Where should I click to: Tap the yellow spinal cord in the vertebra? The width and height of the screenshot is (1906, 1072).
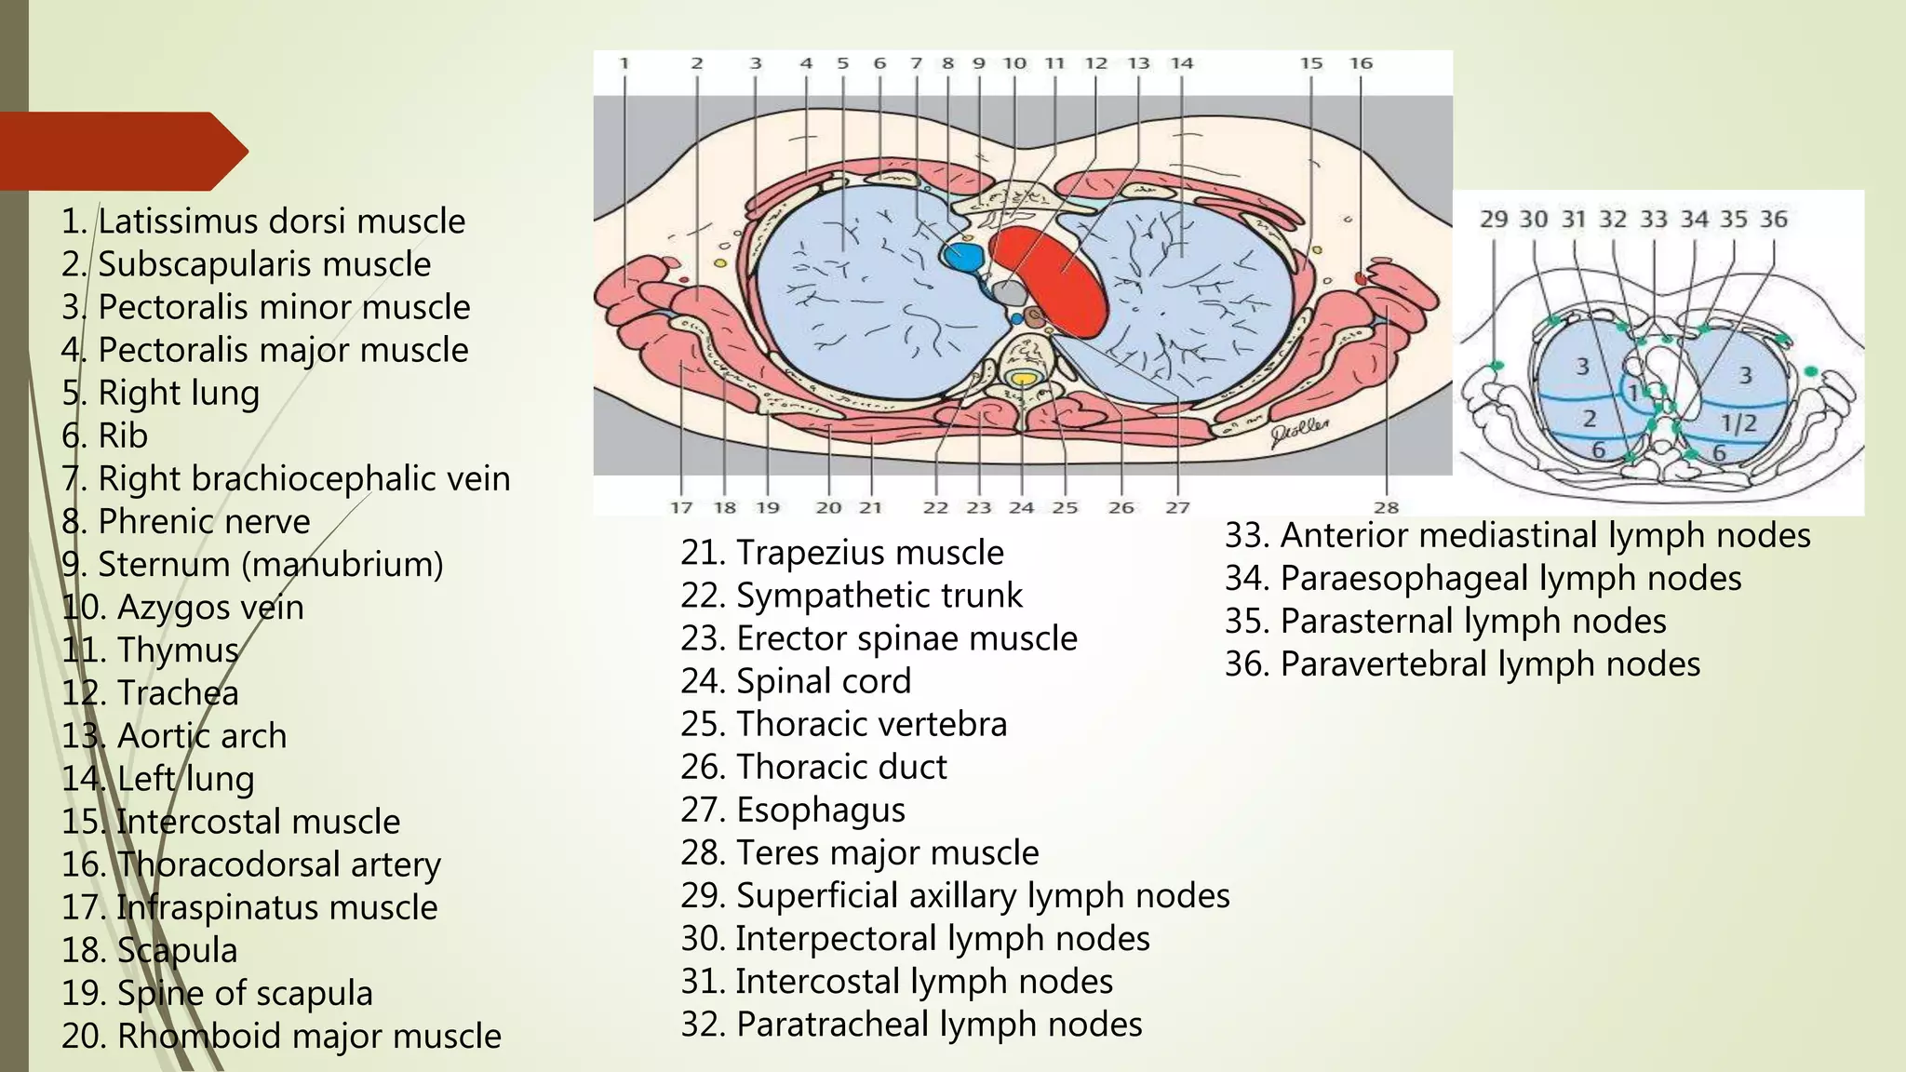pos(1024,379)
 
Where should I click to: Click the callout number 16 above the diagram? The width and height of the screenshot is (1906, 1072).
pos(1361,63)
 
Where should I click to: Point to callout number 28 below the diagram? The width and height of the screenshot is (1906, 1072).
pos(1386,507)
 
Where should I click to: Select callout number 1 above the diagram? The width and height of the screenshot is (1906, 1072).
pos(624,63)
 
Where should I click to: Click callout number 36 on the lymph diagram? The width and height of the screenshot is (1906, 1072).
pos(1773,220)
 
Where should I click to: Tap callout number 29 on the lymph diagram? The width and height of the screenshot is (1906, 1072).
pos(1493,220)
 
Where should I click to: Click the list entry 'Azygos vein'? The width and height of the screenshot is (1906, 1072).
pos(183,608)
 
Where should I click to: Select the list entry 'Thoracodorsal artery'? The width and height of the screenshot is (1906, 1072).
pos(251,864)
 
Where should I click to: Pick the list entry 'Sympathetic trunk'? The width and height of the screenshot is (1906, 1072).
pos(851,596)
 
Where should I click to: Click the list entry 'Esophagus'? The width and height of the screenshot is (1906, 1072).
pos(792,810)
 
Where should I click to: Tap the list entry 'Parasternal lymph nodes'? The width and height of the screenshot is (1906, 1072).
pos(1444,622)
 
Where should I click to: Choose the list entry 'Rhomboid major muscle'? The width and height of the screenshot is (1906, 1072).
pos(281,1036)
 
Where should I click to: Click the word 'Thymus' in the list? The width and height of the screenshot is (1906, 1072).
pos(177,650)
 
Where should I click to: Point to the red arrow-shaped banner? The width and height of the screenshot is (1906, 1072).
pos(121,151)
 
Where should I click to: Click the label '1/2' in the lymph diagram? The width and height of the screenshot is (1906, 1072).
pos(1738,423)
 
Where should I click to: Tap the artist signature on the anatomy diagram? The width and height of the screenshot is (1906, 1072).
pos(1300,432)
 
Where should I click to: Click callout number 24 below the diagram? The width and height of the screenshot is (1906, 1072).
pos(1021,507)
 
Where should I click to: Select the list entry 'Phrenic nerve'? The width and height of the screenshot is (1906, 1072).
pos(186,522)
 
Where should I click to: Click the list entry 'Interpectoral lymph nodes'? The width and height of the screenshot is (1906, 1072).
pos(915,938)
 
